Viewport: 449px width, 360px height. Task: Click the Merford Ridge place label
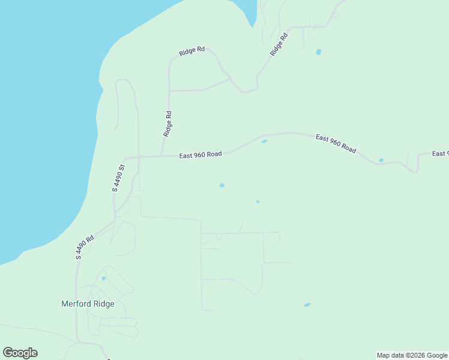[x=88, y=304]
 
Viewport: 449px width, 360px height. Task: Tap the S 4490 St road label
[x=118, y=178]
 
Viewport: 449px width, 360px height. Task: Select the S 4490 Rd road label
[x=85, y=247]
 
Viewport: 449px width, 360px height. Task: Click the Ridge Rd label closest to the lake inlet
[x=279, y=44]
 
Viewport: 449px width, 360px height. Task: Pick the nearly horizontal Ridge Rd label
[x=192, y=52]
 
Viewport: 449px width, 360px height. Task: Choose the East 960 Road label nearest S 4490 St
[x=200, y=155]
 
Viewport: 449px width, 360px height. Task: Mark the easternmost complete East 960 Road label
[x=336, y=144]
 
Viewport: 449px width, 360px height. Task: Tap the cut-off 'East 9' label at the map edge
[x=441, y=154]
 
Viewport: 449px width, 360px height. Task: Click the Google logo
[x=20, y=353]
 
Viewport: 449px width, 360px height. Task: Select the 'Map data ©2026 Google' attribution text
[x=412, y=355]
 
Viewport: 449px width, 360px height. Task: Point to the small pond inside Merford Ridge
[x=104, y=278]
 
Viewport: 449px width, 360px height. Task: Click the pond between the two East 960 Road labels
[x=264, y=142]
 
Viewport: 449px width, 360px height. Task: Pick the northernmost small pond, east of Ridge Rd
[x=318, y=52]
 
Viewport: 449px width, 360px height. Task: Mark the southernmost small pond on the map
[x=307, y=305]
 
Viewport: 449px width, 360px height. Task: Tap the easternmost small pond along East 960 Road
[x=381, y=160]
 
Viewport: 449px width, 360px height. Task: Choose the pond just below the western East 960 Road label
[x=222, y=185]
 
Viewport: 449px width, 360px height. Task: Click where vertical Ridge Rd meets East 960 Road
[x=161, y=156]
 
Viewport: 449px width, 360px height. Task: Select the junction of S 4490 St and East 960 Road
[x=139, y=157]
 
